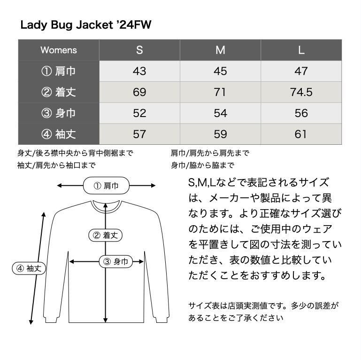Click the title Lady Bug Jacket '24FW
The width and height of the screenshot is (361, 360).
pyautogui.click(x=86, y=25)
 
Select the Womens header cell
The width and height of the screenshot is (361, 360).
pyautogui.click(x=59, y=50)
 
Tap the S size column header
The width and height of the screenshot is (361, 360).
pyautogui.click(x=139, y=50)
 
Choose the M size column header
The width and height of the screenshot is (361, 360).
pyautogui.click(x=220, y=50)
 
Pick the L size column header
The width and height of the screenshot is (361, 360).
pyautogui.click(x=301, y=50)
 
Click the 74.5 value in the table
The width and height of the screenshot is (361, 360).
pyautogui.click(x=301, y=92)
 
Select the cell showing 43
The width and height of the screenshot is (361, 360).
pyautogui.click(x=139, y=71)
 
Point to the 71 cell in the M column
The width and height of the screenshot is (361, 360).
pyautogui.click(x=220, y=92)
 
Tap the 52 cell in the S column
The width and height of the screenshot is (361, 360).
pyautogui.click(x=139, y=113)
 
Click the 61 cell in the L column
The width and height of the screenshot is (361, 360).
pyautogui.click(x=301, y=134)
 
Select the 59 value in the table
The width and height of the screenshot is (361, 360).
pyautogui.click(x=220, y=134)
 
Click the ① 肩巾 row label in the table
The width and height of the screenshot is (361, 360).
pyautogui.click(x=59, y=71)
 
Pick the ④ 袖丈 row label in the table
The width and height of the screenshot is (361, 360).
pyautogui.click(x=59, y=134)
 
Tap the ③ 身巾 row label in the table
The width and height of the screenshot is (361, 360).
pyautogui.click(x=59, y=113)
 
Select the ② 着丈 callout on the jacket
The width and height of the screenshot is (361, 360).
pyautogui.click(x=105, y=235)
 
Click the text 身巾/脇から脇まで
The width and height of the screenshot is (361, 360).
pyautogui.click(x=202, y=165)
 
